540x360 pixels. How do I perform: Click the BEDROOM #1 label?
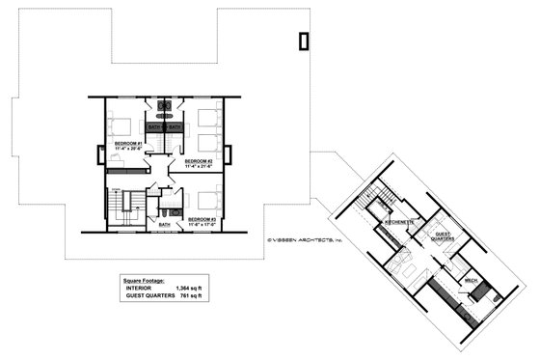[128, 144]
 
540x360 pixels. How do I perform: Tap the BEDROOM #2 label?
[198, 161]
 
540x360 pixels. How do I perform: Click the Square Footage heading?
[143, 280]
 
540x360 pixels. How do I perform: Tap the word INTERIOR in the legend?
[138, 289]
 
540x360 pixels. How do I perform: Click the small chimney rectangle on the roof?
[305, 41]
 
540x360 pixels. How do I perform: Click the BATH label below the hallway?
[164, 224]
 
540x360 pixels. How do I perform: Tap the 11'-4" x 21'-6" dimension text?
[198, 167]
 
